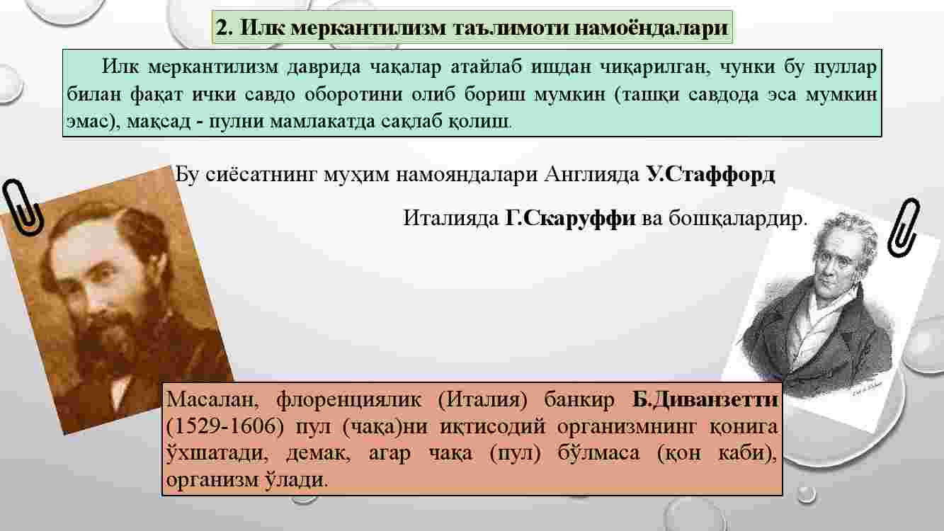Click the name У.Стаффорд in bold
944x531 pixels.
710,174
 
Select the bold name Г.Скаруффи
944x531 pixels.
570,218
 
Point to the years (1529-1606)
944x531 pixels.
225,426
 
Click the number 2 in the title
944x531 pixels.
224,28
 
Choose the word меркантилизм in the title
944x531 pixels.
368,28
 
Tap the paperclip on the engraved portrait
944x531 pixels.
904,227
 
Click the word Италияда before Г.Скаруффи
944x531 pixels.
450,218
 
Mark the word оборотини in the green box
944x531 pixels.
353,94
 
